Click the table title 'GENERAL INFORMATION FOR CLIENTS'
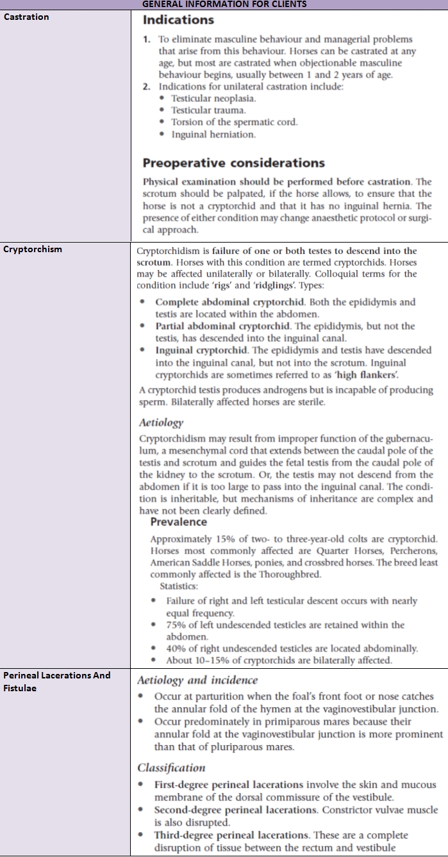[224, 4]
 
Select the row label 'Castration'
[26, 17]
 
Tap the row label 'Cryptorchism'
[33, 250]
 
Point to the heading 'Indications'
[178, 20]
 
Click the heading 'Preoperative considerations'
[233, 163]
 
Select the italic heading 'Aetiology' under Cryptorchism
[161, 422]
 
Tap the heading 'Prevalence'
[178, 522]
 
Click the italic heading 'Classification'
[171, 767]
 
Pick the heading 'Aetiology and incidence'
[197, 680]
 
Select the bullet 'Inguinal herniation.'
[213, 134]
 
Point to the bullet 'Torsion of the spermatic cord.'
[234, 122]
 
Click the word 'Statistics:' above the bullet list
[179, 586]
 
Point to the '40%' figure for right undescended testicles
[176, 648]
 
